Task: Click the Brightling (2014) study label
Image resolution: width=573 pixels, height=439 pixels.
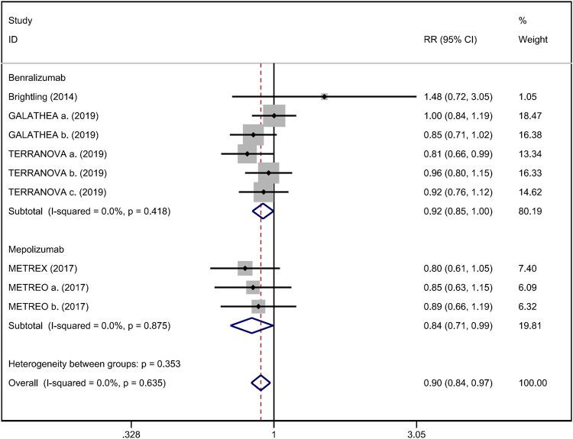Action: tap(43, 97)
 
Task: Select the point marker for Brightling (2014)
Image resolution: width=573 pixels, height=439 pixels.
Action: tap(325, 97)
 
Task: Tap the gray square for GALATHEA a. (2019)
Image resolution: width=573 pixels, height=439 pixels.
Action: tap(274, 116)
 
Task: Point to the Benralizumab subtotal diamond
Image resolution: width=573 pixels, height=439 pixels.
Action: tap(262, 211)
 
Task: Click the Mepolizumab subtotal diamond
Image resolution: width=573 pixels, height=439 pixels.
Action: tap(252, 326)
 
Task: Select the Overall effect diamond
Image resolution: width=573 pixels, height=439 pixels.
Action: tap(261, 383)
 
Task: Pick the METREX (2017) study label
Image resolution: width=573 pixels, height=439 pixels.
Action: tap(43, 269)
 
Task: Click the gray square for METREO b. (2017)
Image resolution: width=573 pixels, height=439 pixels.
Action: tap(259, 307)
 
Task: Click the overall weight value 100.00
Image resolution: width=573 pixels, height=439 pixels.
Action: tap(532, 383)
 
